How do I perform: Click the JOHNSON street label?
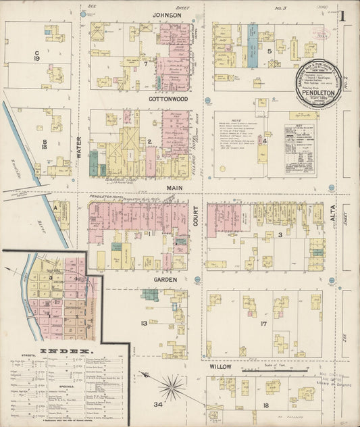166,14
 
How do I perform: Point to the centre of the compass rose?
173,387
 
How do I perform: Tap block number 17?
265,324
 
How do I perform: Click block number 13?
143,323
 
